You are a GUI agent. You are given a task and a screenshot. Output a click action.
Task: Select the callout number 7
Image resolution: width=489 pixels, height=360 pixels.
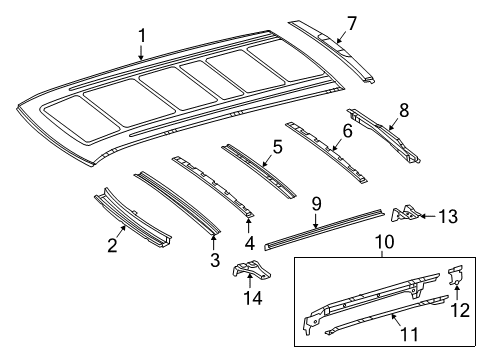(x=350, y=21)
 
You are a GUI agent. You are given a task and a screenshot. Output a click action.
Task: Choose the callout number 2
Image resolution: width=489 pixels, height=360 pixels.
(x=113, y=245)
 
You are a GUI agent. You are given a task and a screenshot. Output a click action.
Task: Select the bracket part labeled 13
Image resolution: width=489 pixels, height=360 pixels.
(x=405, y=240)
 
